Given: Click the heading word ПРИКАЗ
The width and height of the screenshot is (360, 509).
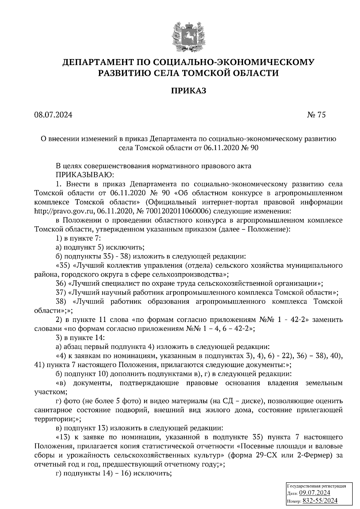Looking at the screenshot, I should tap(189, 91).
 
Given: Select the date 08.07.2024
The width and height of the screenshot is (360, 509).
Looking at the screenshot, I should tap(53, 115).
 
